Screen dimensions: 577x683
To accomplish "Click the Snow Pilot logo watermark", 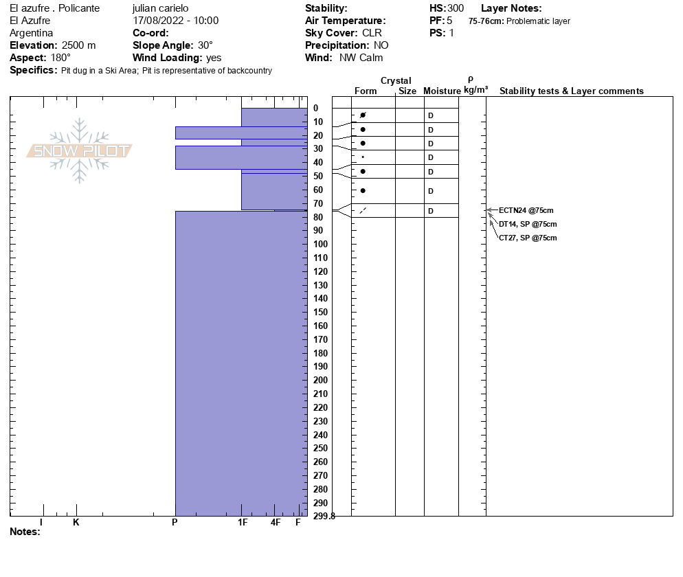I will tap(80, 151).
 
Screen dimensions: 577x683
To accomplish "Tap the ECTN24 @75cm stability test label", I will tap(526, 210).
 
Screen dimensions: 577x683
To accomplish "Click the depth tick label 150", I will tap(320, 313).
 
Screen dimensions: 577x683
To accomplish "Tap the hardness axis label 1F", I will tap(243, 523).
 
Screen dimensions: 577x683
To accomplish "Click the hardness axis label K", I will tap(76, 523).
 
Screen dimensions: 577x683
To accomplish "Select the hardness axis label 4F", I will tap(276, 523).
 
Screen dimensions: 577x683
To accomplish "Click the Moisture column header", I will tap(442, 91).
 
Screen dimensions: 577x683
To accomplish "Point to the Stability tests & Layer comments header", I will tap(571, 91).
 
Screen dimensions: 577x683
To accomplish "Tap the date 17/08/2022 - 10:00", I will tap(176, 21).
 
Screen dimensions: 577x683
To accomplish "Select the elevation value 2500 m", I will tap(79, 45).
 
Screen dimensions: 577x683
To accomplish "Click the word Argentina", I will tap(32, 33).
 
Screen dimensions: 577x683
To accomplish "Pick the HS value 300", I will tap(456, 8).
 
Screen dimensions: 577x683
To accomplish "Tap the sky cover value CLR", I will tap(372, 33).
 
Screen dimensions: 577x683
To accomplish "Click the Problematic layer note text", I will tap(538, 21).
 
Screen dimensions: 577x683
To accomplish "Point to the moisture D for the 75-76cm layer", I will tap(431, 211).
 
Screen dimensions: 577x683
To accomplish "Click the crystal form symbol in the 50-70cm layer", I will tap(363, 190).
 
